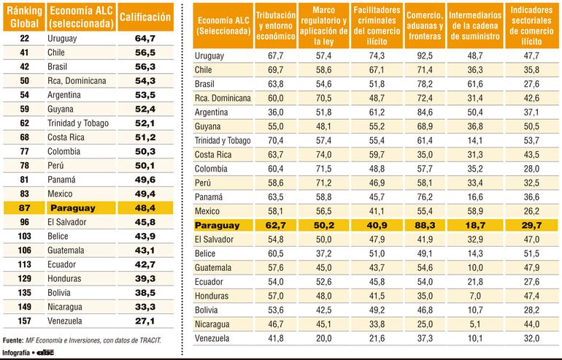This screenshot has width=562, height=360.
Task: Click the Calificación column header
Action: coord(145,17)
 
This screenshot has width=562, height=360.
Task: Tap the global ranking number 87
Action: coord(24,207)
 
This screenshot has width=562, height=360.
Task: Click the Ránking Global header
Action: coord(24,17)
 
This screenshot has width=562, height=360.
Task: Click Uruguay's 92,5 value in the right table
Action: coord(424,55)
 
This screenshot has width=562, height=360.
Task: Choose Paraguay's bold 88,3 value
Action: coord(424,226)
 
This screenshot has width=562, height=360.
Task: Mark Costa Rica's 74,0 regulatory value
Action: coord(323,155)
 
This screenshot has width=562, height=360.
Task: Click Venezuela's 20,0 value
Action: coord(323,339)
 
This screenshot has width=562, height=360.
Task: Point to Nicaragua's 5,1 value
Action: coord(475,324)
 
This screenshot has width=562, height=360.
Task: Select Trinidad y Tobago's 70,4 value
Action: coord(276,140)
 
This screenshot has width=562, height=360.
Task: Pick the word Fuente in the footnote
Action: coord(13,340)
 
